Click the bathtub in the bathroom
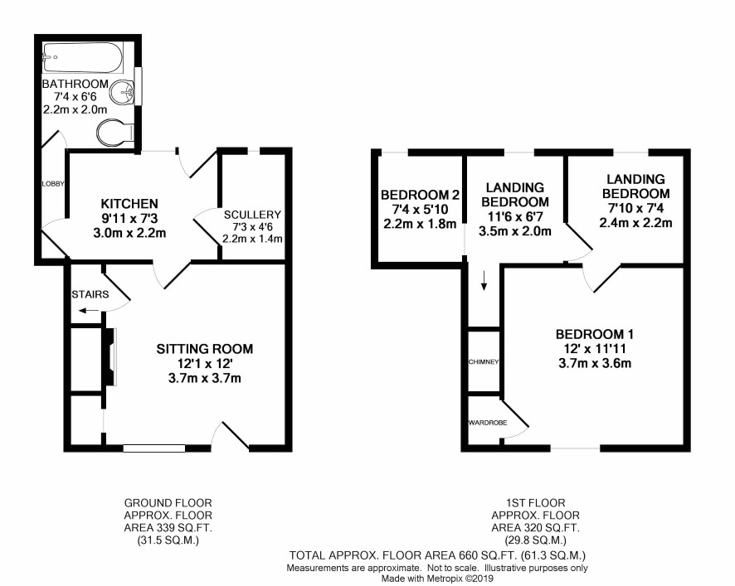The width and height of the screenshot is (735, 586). tap(82, 58)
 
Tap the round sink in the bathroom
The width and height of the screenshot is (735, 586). tap(122, 92)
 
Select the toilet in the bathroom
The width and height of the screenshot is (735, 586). tap(116, 132)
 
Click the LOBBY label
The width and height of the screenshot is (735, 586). tap(53, 184)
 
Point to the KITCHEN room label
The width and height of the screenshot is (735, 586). tap(129, 204)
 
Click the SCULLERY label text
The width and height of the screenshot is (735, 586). tap(252, 215)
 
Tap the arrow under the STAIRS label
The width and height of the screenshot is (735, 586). tap(89, 310)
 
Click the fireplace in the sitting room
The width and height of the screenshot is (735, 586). tap(110, 357)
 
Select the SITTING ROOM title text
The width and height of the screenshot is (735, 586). tap(204, 349)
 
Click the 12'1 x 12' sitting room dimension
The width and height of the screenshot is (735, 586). tap(204, 364)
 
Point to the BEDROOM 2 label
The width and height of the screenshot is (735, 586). tap(420, 195)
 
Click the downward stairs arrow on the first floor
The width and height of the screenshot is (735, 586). tap(484, 280)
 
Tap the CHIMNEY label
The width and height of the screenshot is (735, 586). tap(484, 362)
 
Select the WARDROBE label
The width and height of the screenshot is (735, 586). tap(488, 423)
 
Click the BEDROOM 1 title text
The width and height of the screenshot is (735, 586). tap(594, 335)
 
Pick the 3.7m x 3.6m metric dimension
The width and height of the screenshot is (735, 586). tap(594, 364)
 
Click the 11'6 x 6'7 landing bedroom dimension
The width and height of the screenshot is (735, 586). tap(514, 217)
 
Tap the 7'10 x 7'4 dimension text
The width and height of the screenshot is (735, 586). tap(635, 208)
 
